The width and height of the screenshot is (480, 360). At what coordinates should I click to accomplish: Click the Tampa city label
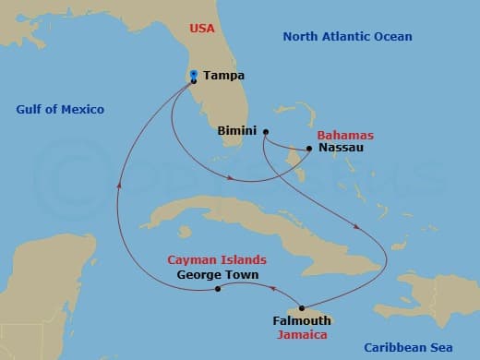[224, 76]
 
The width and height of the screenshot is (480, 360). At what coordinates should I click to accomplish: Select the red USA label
[202, 29]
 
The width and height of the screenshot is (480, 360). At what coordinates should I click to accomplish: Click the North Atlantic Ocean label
[347, 36]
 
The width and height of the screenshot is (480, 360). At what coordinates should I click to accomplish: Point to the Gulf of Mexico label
[60, 110]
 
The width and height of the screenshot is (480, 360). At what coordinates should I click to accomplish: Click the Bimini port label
[235, 131]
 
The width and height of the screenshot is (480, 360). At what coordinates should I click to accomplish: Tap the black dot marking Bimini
[265, 131]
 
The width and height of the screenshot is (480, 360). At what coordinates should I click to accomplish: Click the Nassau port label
[341, 148]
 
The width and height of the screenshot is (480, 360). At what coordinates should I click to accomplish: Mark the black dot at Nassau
[309, 148]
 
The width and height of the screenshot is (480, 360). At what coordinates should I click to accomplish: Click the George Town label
[217, 275]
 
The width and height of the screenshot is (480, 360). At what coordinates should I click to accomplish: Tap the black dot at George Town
[218, 289]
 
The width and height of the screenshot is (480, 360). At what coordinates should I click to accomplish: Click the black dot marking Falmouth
[302, 307]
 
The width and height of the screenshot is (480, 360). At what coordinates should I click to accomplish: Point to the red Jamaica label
[305, 335]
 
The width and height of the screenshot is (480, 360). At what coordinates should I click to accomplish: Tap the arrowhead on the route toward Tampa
[119, 183]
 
